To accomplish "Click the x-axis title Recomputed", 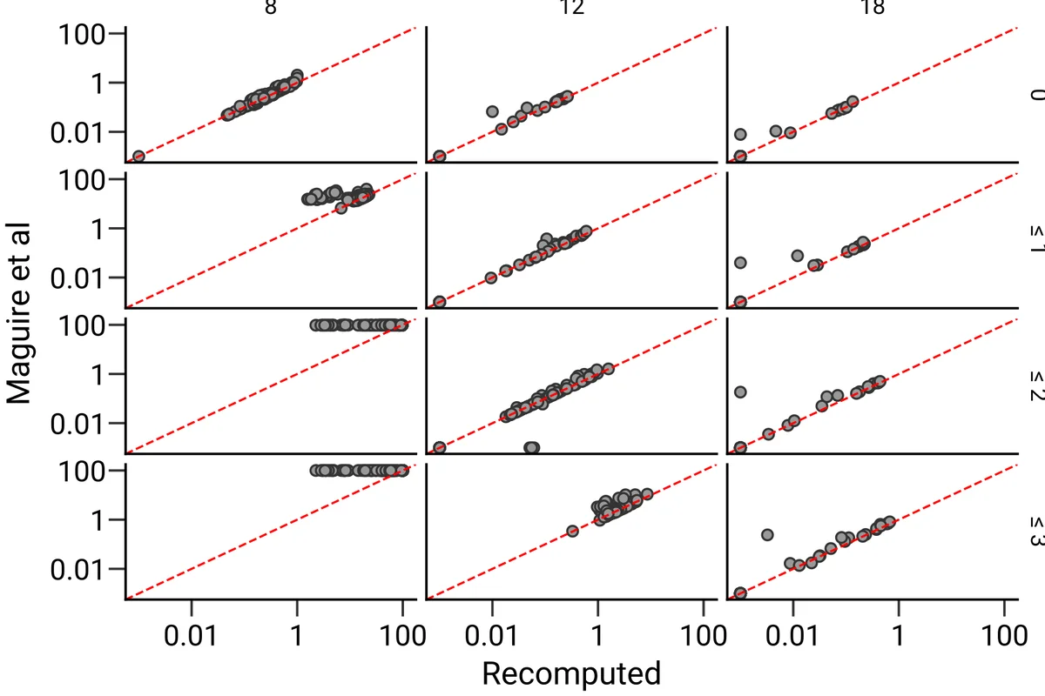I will coord(570,673).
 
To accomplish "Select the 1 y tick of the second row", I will coord(97,229).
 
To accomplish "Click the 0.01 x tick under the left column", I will coord(192,635).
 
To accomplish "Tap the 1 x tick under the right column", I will coord(898,635).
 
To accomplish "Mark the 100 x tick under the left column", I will coord(403,635).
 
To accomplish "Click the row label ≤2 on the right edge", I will coord(1035,386).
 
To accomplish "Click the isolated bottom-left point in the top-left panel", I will coord(138,157).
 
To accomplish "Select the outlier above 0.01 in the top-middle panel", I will coord(492,111).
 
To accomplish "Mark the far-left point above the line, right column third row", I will coord(740,391).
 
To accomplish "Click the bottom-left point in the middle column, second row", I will coord(440,302).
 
